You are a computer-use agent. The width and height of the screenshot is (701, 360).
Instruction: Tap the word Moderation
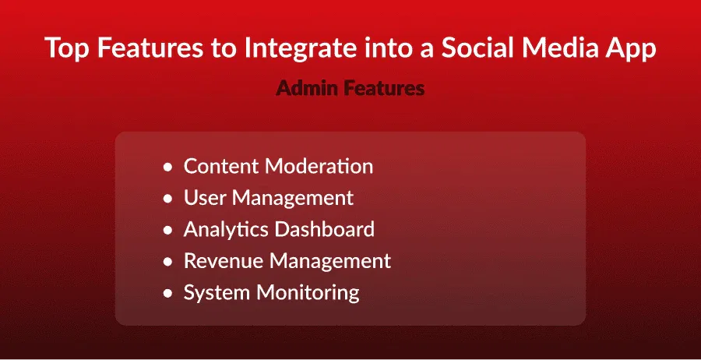pos(319,166)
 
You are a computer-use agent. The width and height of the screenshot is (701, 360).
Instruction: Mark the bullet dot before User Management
pos(167,199)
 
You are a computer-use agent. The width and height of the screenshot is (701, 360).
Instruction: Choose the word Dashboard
pos(325,229)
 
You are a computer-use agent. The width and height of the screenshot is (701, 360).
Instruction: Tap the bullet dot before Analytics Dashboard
pos(167,231)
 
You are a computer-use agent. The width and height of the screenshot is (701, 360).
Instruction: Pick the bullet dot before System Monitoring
pos(167,294)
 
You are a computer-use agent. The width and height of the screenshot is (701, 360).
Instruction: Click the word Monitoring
pos(308,293)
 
